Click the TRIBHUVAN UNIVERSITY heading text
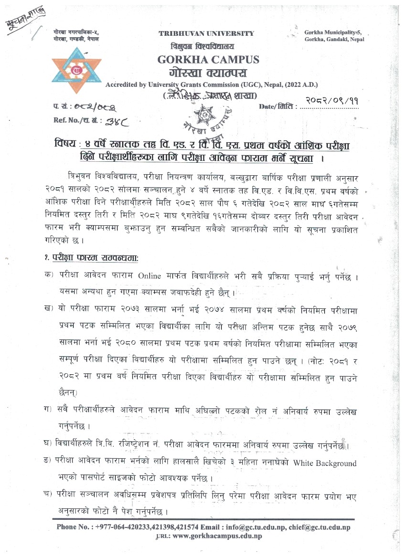(206, 33)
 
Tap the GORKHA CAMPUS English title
(208, 60)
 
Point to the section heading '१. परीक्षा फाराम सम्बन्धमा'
(88, 258)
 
